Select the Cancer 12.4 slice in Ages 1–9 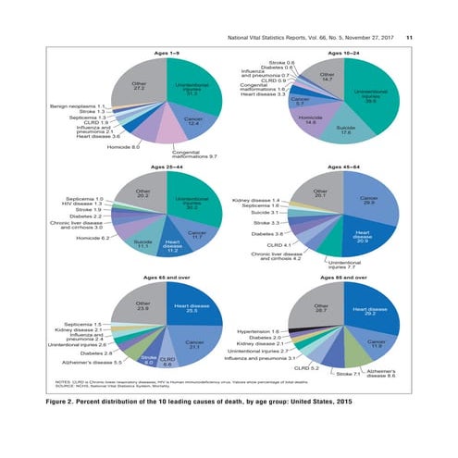coord(193,120)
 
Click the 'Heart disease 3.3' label coord(262,94)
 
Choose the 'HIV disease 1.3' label coord(82,204)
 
